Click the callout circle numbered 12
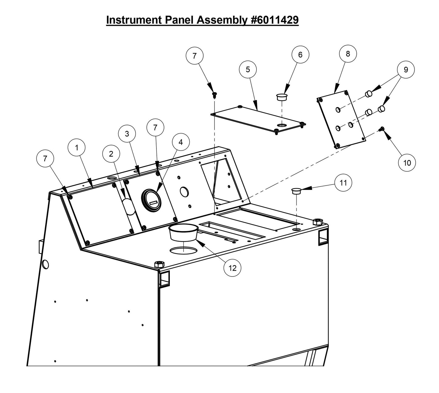click(x=232, y=268)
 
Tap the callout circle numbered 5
click(x=248, y=70)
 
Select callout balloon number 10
click(x=407, y=163)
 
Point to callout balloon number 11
click(x=343, y=183)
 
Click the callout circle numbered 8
click(x=348, y=54)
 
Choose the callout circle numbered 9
click(x=406, y=70)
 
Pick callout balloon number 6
click(x=300, y=55)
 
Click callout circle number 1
click(x=77, y=148)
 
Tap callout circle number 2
click(x=111, y=154)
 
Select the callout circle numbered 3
click(x=127, y=134)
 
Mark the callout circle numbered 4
click(x=180, y=142)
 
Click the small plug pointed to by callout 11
click(x=296, y=191)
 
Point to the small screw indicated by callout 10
click(x=382, y=129)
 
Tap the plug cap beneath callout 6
click(x=282, y=97)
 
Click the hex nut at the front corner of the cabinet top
click(x=158, y=264)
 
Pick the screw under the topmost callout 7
click(x=214, y=95)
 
